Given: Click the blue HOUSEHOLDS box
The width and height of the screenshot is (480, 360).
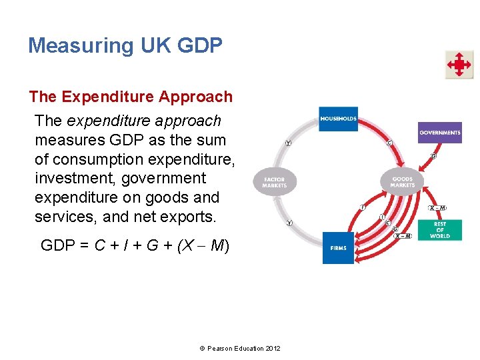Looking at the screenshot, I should coord(338,119).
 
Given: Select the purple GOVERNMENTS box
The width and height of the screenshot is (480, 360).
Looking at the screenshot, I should coord(439,133).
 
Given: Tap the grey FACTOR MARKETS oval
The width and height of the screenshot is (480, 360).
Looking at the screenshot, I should coord(275,181).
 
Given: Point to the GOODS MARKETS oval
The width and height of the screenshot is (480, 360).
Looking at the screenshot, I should coord(402,181).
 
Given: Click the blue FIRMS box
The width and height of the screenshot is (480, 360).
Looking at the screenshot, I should coord(338,248).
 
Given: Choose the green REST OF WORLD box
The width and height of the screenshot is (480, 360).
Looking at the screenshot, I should coord(439,230).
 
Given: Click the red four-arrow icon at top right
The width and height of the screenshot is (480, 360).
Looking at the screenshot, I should coord(459,65).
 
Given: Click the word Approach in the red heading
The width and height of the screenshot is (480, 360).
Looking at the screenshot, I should coord(195,97).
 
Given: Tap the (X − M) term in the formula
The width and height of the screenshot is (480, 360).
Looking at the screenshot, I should coord(203,245).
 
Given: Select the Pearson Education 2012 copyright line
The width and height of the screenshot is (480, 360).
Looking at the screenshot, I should coord(240,349).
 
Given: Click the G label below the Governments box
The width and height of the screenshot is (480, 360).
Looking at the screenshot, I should coord(433,157).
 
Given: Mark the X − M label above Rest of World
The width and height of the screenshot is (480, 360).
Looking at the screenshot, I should coord(438,208).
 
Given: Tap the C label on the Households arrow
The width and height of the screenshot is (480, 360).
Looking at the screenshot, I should coord(389,143).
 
